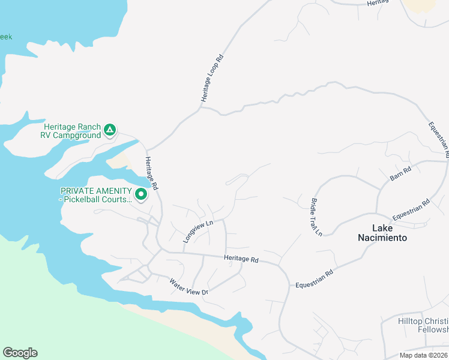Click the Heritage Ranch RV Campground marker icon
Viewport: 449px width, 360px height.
tap(109, 130)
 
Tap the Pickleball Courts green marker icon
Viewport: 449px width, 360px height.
tap(141, 194)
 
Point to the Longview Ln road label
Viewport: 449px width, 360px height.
tap(198, 231)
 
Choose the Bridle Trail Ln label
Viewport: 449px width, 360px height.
tap(316, 216)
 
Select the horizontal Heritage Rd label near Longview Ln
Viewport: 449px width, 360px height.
tap(241, 260)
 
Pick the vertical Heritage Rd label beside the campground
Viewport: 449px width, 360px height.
tap(151, 173)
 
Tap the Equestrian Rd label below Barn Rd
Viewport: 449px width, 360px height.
tap(411, 209)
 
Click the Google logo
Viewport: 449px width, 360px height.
tap(20, 353)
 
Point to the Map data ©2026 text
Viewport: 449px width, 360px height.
tap(424, 355)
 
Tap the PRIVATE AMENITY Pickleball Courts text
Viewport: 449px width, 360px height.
tap(95, 195)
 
